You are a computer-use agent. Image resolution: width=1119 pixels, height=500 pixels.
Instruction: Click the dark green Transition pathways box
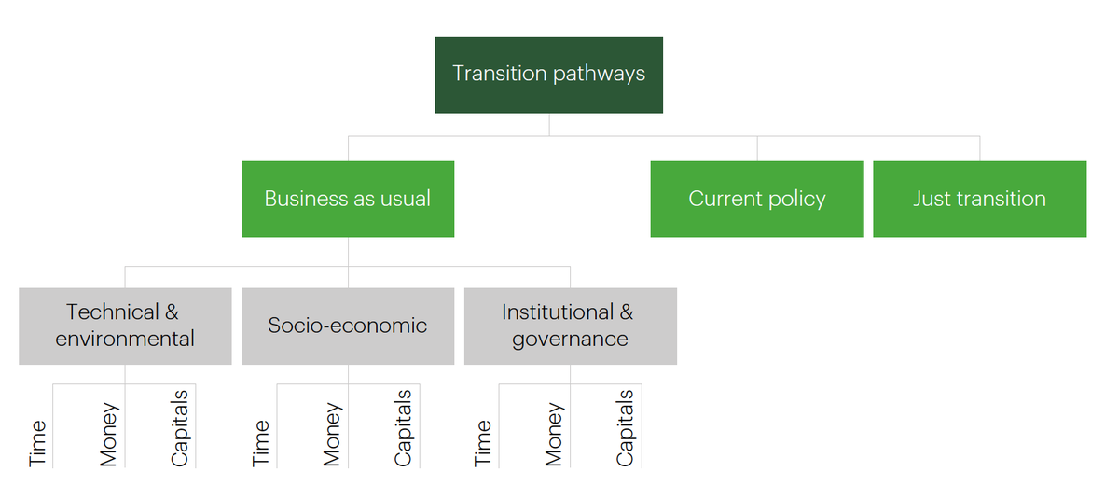[548, 75]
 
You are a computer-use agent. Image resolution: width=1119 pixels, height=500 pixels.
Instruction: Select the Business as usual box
[348, 199]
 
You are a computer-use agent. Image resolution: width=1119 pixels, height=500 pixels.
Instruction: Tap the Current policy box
[757, 199]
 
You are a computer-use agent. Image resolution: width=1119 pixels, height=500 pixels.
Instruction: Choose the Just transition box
[980, 199]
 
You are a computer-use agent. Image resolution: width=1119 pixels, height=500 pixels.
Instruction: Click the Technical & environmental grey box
[125, 326]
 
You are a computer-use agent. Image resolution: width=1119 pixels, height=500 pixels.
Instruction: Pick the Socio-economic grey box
[348, 326]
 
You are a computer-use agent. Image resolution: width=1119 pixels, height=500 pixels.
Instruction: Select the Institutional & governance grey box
[571, 326]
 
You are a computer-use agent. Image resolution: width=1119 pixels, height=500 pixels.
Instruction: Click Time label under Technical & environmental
[37, 443]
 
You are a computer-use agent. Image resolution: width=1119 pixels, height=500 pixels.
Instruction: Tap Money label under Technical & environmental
[109, 435]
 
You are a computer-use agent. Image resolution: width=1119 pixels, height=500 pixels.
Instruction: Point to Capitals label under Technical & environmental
[179, 428]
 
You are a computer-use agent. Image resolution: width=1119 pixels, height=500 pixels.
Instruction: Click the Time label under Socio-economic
[261, 443]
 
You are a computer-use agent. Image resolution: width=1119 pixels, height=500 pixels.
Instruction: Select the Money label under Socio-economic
[332, 435]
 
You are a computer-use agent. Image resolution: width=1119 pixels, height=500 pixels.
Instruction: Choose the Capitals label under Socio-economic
[403, 428]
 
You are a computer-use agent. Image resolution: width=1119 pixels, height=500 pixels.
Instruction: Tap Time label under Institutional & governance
[483, 443]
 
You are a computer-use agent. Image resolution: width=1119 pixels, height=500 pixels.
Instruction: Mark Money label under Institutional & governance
[554, 435]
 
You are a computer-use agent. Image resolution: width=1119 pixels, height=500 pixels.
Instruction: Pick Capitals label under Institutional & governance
[625, 428]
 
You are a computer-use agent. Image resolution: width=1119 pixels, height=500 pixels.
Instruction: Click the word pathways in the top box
[599, 75]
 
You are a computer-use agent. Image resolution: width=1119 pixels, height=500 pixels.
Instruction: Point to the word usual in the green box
[405, 199]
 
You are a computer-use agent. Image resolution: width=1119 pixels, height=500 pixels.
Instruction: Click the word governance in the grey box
[570, 340]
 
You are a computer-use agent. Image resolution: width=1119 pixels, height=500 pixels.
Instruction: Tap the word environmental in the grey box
[125, 339]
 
